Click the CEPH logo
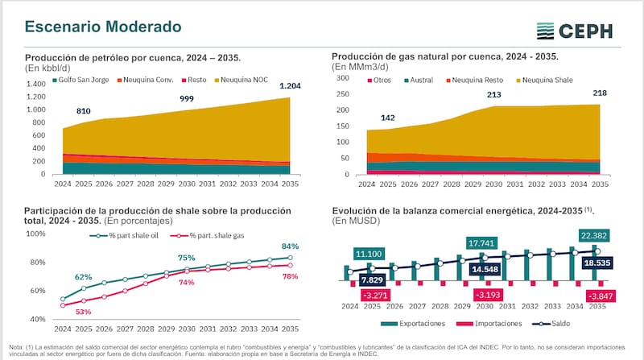pos(576,31)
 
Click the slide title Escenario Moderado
pos(103,27)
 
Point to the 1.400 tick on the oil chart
pos(35,84)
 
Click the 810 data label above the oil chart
pos(84,110)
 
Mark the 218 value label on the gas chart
pos(600,93)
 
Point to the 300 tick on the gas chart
pos(343,78)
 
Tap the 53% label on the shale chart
pos(84,312)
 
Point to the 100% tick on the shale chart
pos(35,234)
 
